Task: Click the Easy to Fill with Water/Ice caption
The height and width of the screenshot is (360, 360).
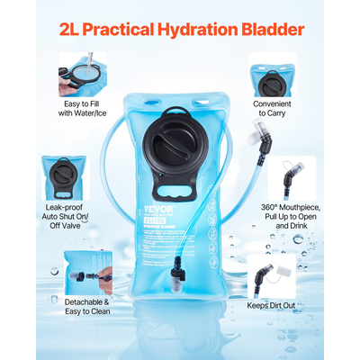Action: (83, 108)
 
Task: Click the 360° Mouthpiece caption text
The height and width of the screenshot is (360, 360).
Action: (292, 216)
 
